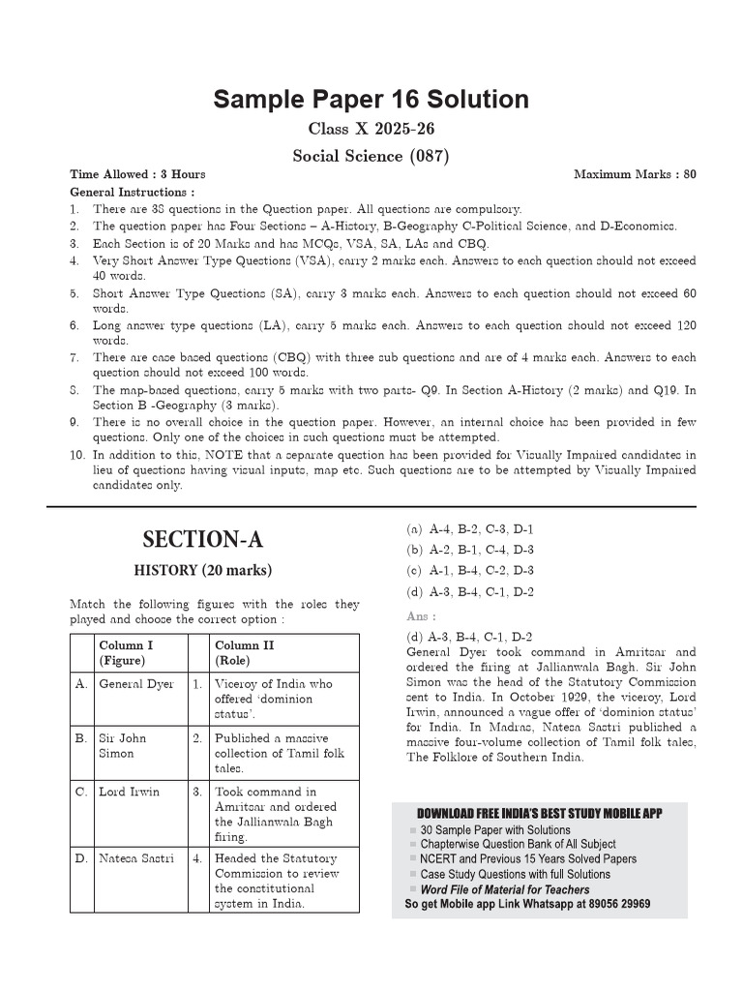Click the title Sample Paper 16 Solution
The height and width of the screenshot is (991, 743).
[371, 100]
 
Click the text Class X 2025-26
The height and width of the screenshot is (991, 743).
[371, 129]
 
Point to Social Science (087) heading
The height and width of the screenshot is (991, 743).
[371, 155]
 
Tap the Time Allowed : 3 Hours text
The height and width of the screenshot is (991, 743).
[137, 174]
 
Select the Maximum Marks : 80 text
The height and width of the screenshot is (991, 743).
[635, 174]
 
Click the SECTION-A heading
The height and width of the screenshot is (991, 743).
[202, 539]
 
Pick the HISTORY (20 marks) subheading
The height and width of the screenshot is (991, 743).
[202, 569]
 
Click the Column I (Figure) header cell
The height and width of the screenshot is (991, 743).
[126, 652]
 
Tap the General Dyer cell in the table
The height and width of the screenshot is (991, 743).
[136, 684]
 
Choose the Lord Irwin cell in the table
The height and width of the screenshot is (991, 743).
[130, 792]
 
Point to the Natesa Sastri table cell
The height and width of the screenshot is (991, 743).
[136, 858]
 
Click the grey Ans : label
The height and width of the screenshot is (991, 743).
[421, 616]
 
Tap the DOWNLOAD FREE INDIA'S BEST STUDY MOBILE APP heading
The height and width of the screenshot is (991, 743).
[539, 814]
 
